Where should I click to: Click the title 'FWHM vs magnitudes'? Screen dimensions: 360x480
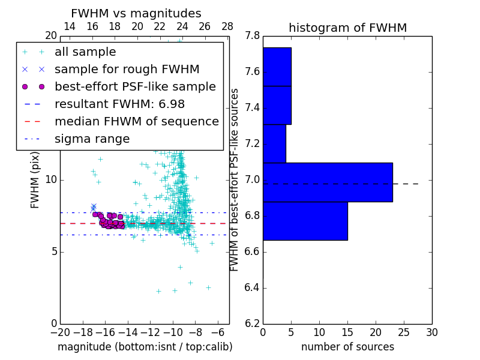[x=136, y=13]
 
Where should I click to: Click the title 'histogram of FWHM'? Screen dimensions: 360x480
[x=347, y=28]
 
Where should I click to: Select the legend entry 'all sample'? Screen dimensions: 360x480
[x=85, y=52]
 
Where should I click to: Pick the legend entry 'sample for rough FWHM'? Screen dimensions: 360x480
[x=127, y=70]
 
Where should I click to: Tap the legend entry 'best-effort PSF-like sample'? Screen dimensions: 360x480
[x=135, y=86]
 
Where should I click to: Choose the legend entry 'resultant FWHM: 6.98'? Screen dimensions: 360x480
[x=119, y=104]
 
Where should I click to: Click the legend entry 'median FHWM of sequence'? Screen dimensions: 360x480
[x=136, y=121]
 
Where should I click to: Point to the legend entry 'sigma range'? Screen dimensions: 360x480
[x=92, y=139]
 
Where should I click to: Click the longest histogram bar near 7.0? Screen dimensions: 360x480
[x=328, y=182]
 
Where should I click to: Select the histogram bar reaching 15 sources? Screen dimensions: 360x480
[x=305, y=221]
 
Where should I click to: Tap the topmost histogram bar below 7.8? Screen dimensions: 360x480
[x=277, y=67]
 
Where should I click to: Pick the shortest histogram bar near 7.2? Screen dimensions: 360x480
[x=274, y=143]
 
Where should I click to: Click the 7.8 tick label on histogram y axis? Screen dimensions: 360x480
[x=253, y=36]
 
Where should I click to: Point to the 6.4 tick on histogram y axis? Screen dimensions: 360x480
[x=253, y=287]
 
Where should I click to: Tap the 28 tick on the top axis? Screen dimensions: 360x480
[x=227, y=26]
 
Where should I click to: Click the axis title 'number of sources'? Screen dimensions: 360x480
[x=347, y=347]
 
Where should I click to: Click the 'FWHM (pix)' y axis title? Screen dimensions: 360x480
[x=35, y=180]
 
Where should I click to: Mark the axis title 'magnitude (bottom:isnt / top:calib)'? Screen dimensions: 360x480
[x=145, y=347]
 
